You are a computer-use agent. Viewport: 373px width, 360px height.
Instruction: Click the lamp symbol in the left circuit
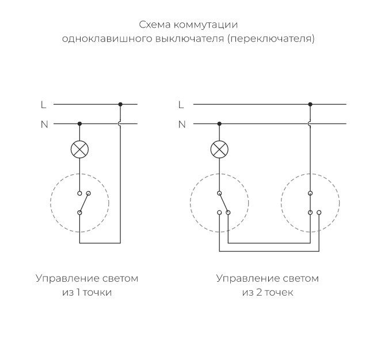pyautogui.click(x=79, y=150)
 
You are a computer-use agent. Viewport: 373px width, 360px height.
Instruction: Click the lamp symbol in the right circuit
pyautogui.click(x=219, y=150)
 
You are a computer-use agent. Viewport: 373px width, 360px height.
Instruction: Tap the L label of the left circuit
pyautogui.click(x=43, y=105)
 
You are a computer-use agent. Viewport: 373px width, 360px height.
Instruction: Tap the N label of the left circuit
pyautogui.click(x=44, y=124)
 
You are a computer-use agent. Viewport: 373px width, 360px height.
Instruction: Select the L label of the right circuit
pyautogui.click(x=181, y=105)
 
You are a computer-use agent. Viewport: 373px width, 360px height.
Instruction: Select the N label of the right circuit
pyautogui.click(x=182, y=124)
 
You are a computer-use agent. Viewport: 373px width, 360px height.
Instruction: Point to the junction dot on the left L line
pyautogui.click(x=120, y=105)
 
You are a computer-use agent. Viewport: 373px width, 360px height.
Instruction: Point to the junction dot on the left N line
pyautogui.click(x=79, y=124)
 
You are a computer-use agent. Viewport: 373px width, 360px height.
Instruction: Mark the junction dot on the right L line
pyautogui.click(x=310, y=105)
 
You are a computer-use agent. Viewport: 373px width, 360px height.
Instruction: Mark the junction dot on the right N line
pyautogui.click(x=219, y=124)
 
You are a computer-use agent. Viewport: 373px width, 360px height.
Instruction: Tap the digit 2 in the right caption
pyautogui.click(x=257, y=293)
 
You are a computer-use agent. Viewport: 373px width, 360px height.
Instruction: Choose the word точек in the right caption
pyautogui.click(x=279, y=293)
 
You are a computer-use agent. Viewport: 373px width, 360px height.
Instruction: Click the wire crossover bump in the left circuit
pyautogui.click(x=120, y=124)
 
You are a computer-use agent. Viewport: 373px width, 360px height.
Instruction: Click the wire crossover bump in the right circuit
pyautogui.click(x=310, y=124)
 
